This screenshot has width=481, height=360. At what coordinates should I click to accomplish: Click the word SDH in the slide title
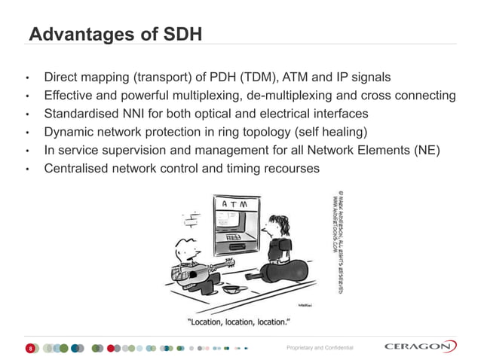pyautogui.click(x=178, y=35)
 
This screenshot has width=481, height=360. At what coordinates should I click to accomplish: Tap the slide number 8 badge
pyautogui.click(x=29, y=348)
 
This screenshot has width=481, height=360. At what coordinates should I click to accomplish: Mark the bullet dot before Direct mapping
pyautogui.click(x=27, y=78)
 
